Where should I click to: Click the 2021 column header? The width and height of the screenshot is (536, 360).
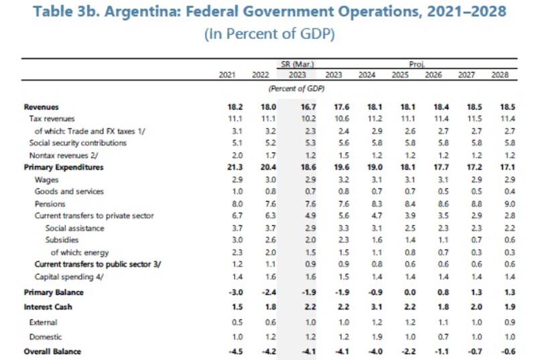click(x=228, y=74)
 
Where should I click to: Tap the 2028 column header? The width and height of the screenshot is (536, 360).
click(x=500, y=74)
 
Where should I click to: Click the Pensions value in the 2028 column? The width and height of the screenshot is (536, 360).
click(x=500, y=203)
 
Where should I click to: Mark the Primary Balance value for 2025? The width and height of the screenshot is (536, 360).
click(x=399, y=292)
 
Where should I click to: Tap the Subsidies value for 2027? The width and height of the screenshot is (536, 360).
click(x=466, y=239)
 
